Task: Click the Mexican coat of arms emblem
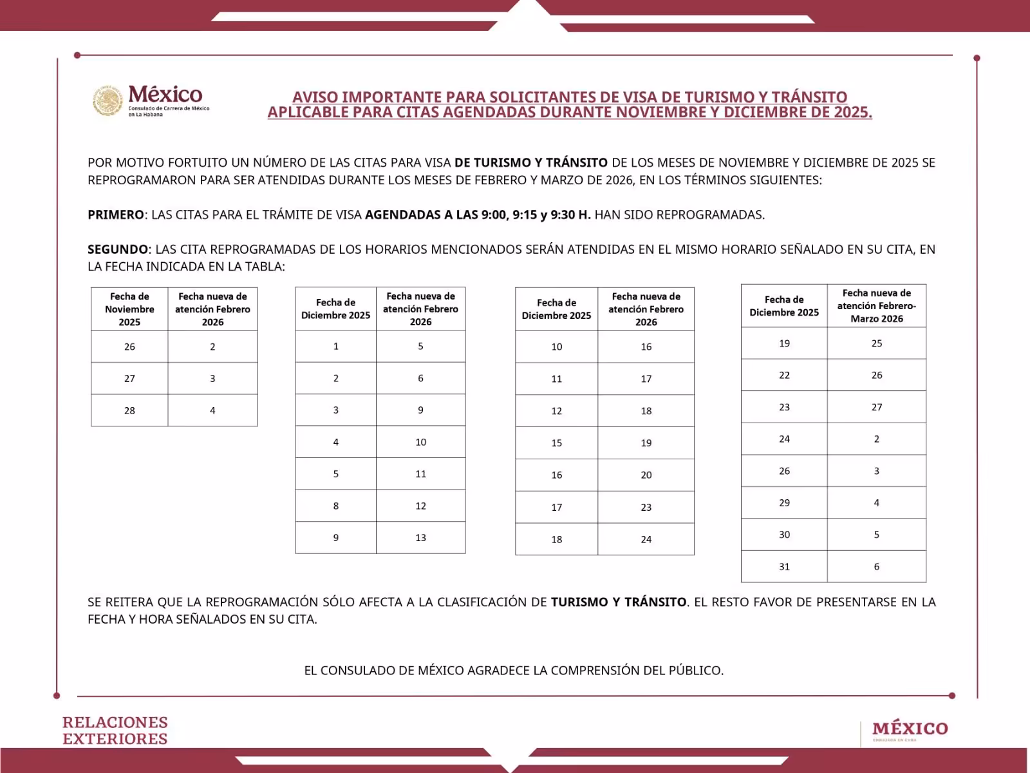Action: click(x=108, y=101)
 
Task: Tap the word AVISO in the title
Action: click(x=315, y=97)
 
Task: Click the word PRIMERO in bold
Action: click(x=116, y=215)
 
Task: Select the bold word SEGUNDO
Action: click(x=118, y=249)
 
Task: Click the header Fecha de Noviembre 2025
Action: click(x=129, y=309)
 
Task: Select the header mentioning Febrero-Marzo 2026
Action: click(x=876, y=306)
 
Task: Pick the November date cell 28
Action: click(x=129, y=410)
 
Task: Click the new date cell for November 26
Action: click(x=212, y=347)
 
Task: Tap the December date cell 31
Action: click(x=784, y=567)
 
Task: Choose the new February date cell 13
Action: click(x=420, y=538)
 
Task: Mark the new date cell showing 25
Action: click(x=876, y=343)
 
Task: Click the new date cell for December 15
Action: click(x=646, y=443)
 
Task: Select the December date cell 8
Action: click(x=335, y=506)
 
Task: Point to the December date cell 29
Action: click(x=784, y=502)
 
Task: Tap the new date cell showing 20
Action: click(x=646, y=475)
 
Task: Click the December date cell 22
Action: click(x=784, y=375)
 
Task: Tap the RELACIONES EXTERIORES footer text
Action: click(x=115, y=730)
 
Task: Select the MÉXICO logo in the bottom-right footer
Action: click(x=910, y=729)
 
